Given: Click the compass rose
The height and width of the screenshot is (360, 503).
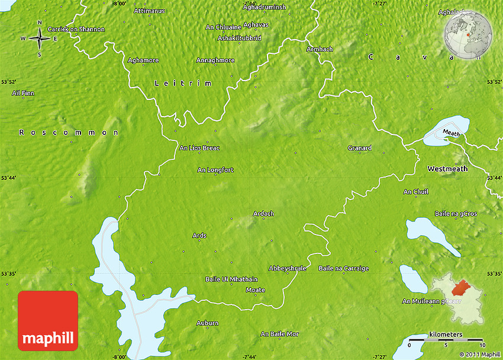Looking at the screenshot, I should click(x=40, y=38).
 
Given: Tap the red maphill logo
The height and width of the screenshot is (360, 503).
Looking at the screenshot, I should click(x=48, y=322).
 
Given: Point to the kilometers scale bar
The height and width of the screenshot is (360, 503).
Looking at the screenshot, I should click(x=446, y=341).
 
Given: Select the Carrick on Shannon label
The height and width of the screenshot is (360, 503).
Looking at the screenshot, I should click(x=76, y=29).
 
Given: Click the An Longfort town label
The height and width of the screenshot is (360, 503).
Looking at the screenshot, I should click(x=215, y=170).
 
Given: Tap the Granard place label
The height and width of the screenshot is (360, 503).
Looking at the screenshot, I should click(x=360, y=148).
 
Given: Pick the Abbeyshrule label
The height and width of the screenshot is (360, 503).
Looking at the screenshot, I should click(x=288, y=268).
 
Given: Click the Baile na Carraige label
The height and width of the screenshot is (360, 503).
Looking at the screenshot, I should click(x=343, y=268).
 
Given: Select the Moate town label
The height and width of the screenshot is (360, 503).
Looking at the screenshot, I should click(x=255, y=290).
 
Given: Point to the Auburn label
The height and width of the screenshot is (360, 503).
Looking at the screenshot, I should click(x=207, y=323).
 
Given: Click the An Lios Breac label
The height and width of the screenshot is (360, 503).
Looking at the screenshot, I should click(x=199, y=147).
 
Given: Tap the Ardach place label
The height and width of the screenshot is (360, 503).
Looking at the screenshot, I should click(x=263, y=214).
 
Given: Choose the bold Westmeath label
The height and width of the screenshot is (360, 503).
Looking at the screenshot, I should click(x=447, y=169).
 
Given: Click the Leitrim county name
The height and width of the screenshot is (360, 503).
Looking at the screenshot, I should click(x=183, y=83).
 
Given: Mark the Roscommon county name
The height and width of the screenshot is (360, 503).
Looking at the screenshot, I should click(x=69, y=133).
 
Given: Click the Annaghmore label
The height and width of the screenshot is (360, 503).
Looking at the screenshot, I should click(x=215, y=60).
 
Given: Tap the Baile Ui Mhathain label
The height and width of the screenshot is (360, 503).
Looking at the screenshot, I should click(x=231, y=279).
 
